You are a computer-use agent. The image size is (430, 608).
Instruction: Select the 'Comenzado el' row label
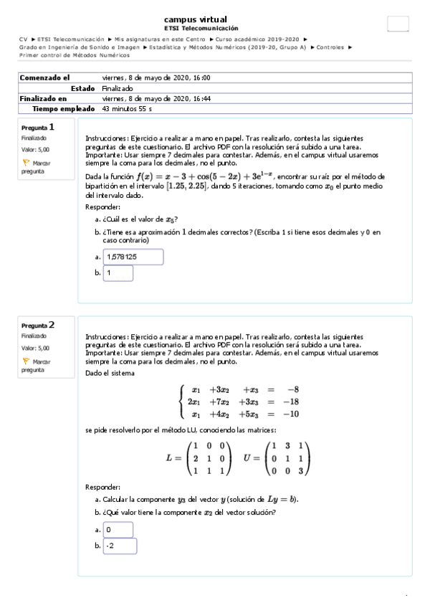click(x=44, y=77)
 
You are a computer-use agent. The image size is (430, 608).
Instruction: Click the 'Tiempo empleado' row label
click(x=64, y=109)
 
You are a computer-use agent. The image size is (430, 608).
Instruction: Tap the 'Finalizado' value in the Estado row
click(x=118, y=88)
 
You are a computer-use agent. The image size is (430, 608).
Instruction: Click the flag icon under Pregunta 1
click(x=26, y=163)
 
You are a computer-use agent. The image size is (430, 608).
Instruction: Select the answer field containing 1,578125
click(x=133, y=257)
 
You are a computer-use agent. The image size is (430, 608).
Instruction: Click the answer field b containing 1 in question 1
click(x=118, y=273)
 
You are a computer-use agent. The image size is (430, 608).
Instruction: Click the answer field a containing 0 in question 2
click(x=118, y=529)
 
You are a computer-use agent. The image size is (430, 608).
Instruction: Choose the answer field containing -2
click(x=120, y=546)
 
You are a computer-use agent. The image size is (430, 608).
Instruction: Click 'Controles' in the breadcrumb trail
click(x=330, y=47)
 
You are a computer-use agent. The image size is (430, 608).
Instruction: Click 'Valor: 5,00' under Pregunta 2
click(x=35, y=348)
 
